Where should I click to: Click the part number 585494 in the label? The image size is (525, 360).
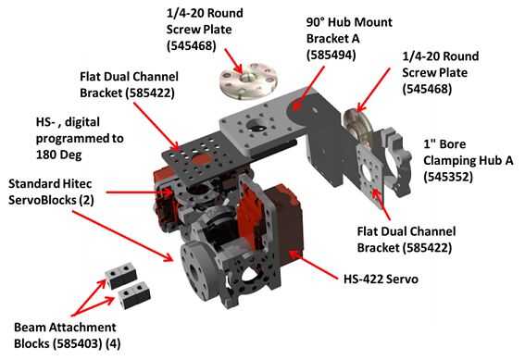pos(331,55)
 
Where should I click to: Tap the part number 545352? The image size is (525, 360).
pos(448,177)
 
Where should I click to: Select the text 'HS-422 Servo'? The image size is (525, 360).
pos(381,279)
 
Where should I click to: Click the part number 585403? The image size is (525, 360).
pos(77,343)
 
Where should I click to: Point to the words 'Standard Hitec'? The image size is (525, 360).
pos(50,183)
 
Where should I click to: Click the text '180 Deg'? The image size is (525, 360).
pos(58,155)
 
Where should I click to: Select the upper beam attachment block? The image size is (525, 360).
pos(121,276)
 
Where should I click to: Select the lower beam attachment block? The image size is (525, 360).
pos(134,295)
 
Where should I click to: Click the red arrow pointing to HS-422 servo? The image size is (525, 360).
pos(313,265)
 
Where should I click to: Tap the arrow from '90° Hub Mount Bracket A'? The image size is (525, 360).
pos(308,87)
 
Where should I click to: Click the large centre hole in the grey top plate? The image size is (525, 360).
pos(256,127)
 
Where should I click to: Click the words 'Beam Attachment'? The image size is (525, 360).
pos(65,327)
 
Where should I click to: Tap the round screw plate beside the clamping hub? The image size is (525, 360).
pos(358,126)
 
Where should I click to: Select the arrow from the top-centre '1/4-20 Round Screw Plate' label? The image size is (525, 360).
pos(233,60)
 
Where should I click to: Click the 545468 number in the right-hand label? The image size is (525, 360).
pos(427,89)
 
